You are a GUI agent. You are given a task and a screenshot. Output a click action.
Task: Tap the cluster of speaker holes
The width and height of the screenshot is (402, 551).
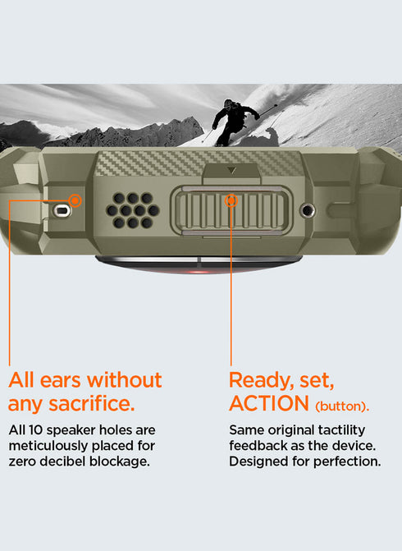pyautogui.click(x=133, y=210)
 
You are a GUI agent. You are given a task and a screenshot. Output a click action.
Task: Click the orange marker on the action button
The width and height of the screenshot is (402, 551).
pyautogui.click(x=231, y=200)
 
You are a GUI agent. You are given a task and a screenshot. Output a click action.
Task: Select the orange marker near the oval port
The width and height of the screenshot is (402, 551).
pyautogui.click(x=75, y=200)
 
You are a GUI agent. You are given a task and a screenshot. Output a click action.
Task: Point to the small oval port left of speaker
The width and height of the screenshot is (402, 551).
pyautogui.click(x=62, y=210)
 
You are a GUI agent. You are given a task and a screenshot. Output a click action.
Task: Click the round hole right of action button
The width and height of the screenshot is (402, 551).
pyautogui.click(x=308, y=210)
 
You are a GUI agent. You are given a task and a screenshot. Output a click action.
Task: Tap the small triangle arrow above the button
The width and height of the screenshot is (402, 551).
pyautogui.click(x=231, y=171)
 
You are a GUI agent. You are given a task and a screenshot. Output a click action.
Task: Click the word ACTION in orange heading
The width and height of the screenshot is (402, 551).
pyautogui.click(x=269, y=403)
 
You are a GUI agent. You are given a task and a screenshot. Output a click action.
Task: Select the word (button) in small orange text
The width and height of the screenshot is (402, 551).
pyautogui.click(x=342, y=406)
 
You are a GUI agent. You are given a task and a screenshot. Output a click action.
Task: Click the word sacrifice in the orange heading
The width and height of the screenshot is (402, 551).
pyautogui.click(x=92, y=403)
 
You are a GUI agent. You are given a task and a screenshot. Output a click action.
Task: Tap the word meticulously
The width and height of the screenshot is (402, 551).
pyautogui.click(x=48, y=446)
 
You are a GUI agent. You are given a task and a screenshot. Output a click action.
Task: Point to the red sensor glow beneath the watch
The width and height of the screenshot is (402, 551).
pyautogui.click(x=199, y=271)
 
